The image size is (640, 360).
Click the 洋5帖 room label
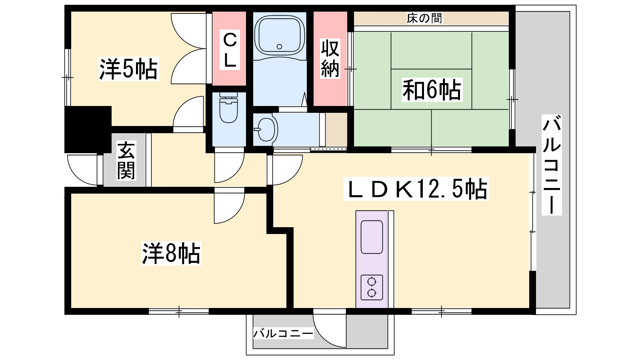tap(128, 69)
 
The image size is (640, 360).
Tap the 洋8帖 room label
tap(171, 253)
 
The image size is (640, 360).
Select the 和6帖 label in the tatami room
tap(432, 90)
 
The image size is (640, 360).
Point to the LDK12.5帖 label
tap(416, 188)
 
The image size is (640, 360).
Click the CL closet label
tap(230, 50)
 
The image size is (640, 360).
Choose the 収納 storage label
tap(330, 58)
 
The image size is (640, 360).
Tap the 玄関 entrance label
tap(126, 160)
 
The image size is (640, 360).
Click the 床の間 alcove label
tap(424, 18)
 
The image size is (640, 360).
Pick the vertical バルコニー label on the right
tap(552, 164)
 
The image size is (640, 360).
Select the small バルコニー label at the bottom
tap(283, 333)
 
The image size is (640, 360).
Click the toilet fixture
tap(228, 108)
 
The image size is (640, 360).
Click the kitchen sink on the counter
tap(372, 237)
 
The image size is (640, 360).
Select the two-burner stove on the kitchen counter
tap(372, 287)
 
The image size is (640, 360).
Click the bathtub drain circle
tap(280, 46)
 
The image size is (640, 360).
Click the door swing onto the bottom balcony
tap(329, 332)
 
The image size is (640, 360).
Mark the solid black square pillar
tap(88, 130)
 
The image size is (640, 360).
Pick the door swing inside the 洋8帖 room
tap(230, 206)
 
